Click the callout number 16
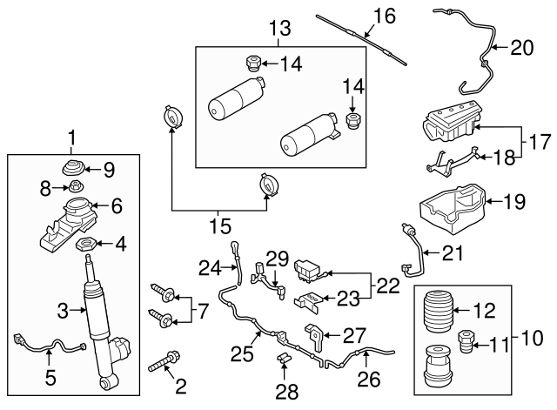click(x=385, y=15)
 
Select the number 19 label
click(x=516, y=203)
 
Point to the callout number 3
click(x=63, y=309)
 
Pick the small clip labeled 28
click(x=283, y=360)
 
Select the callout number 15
click(x=220, y=227)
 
